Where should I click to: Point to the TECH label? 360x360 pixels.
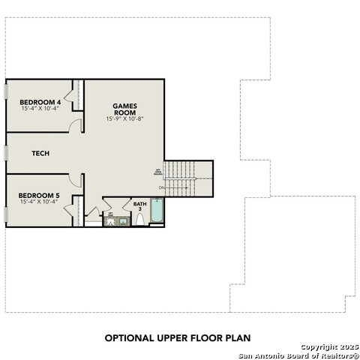click(x=40, y=153)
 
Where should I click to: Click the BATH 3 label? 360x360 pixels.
click(x=140, y=205)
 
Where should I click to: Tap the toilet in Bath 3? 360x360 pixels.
click(x=139, y=220)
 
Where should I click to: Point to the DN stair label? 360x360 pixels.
click(x=161, y=187)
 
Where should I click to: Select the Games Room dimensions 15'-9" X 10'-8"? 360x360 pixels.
click(x=124, y=119)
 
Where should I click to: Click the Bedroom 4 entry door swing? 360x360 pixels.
click(x=76, y=126)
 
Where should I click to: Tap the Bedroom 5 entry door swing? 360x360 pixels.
click(x=75, y=180)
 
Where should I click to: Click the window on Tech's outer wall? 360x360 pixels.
click(x=5, y=153)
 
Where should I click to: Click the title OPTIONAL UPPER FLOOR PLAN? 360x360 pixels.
click(x=177, y=338)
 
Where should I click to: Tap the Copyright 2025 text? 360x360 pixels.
click(x=330, y=346)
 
